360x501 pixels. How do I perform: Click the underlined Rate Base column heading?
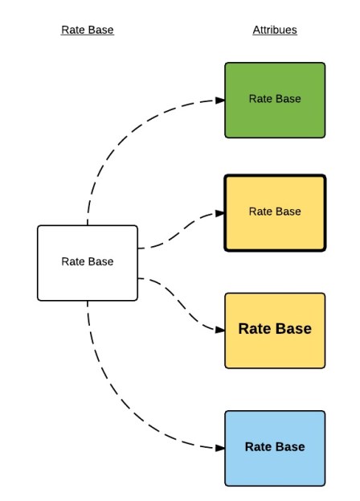point(88,31)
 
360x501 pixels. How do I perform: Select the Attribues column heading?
point(275,31)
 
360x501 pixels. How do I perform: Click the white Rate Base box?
point(88,262)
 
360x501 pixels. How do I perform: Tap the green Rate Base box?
point(275,100)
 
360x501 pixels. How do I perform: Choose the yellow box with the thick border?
point(275,212)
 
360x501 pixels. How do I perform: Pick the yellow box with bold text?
point(275,330)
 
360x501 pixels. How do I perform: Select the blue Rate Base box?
point(275,448)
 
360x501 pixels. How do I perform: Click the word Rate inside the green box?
point(260,99)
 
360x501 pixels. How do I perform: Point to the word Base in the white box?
point(100,261)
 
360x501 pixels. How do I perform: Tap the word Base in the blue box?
point(288,447)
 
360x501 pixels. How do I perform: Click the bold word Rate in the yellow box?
point(256,329)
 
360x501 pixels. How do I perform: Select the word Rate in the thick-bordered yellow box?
point(260,211)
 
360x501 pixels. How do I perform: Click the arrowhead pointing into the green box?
point(219,100)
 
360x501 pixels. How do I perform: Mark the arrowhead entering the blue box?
point(219,448)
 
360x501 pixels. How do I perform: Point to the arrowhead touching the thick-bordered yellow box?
point(219,213)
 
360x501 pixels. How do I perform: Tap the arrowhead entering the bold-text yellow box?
point(219,329)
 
